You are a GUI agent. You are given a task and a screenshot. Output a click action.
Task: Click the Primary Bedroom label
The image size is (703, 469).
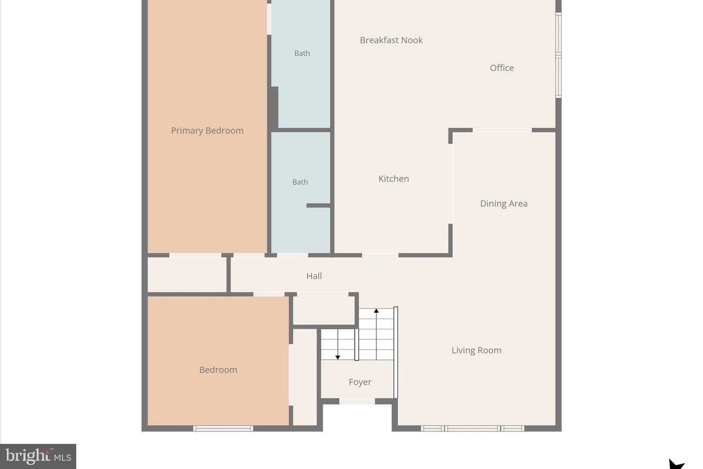click(207, 130)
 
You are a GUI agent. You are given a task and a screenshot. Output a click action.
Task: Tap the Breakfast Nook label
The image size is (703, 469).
click(391, 40)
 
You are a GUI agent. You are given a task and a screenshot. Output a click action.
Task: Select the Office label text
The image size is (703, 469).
click(502, 68)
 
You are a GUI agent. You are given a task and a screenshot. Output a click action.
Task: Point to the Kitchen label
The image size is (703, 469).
click(393, 179)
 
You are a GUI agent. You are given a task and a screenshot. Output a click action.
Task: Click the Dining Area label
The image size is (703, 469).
click(504, 204)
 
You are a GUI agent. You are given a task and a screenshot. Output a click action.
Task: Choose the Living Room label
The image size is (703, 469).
click(476, 350)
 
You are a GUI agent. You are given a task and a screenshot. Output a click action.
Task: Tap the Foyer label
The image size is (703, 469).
click(360, 382)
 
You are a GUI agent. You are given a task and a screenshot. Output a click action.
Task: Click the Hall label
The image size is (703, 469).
click(314, 276)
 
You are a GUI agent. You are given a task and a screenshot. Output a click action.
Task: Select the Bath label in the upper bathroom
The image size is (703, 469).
click(302, 53)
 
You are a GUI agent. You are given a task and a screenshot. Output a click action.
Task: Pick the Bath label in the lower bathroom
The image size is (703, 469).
click(300, 182)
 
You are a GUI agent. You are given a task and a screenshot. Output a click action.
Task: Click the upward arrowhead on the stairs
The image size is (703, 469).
click(376, 311)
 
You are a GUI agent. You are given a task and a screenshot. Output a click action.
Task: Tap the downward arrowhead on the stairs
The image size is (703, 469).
click(338, 358)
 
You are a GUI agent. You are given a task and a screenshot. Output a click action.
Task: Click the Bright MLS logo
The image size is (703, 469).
click(38, 456)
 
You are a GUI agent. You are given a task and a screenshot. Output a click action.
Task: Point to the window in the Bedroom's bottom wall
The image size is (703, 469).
click(223, 428)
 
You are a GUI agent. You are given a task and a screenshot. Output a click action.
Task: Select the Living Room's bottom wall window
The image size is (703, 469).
click(473, 428)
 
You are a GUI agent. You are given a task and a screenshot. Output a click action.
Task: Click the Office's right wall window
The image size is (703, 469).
click(558, 55)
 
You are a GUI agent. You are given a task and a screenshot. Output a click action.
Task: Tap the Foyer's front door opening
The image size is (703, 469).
click(357, 401)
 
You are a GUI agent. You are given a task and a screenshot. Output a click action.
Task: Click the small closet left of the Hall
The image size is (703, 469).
click(187, 275)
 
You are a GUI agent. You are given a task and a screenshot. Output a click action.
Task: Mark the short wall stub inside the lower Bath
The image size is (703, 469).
click(318, 206)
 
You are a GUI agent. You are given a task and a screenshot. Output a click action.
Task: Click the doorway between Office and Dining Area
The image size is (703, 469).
click(502, 130)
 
